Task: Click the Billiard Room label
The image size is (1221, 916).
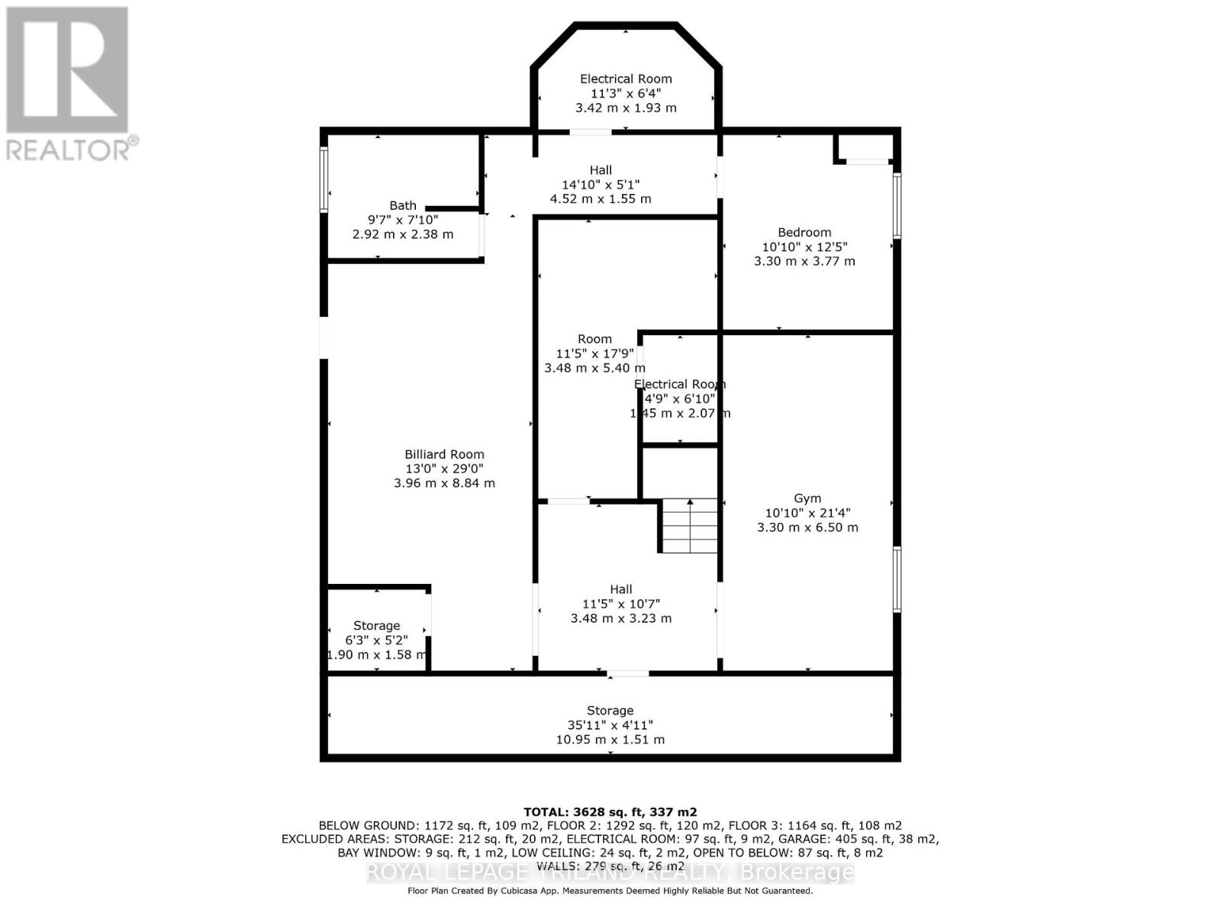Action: [444, 454]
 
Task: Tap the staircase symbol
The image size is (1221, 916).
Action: [690, 526]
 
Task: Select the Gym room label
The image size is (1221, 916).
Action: [807, 498]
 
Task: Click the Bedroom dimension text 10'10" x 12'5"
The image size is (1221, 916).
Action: [804, 247]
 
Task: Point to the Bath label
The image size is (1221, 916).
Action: [403, 205]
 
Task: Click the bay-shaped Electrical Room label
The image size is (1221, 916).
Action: [626, 79]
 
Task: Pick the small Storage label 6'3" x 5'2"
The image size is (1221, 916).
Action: [376, 626]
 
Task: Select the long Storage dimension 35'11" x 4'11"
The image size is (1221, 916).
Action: [610, 725]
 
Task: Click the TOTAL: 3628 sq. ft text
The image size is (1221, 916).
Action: [610, 812]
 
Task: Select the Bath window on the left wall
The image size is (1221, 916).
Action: [324, 180]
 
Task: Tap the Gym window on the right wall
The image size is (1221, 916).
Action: [897, 579]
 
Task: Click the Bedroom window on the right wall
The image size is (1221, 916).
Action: [897, 206]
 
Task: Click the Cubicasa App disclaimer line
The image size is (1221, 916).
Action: [610, 891]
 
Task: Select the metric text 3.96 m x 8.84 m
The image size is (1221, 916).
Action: [444, 483]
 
